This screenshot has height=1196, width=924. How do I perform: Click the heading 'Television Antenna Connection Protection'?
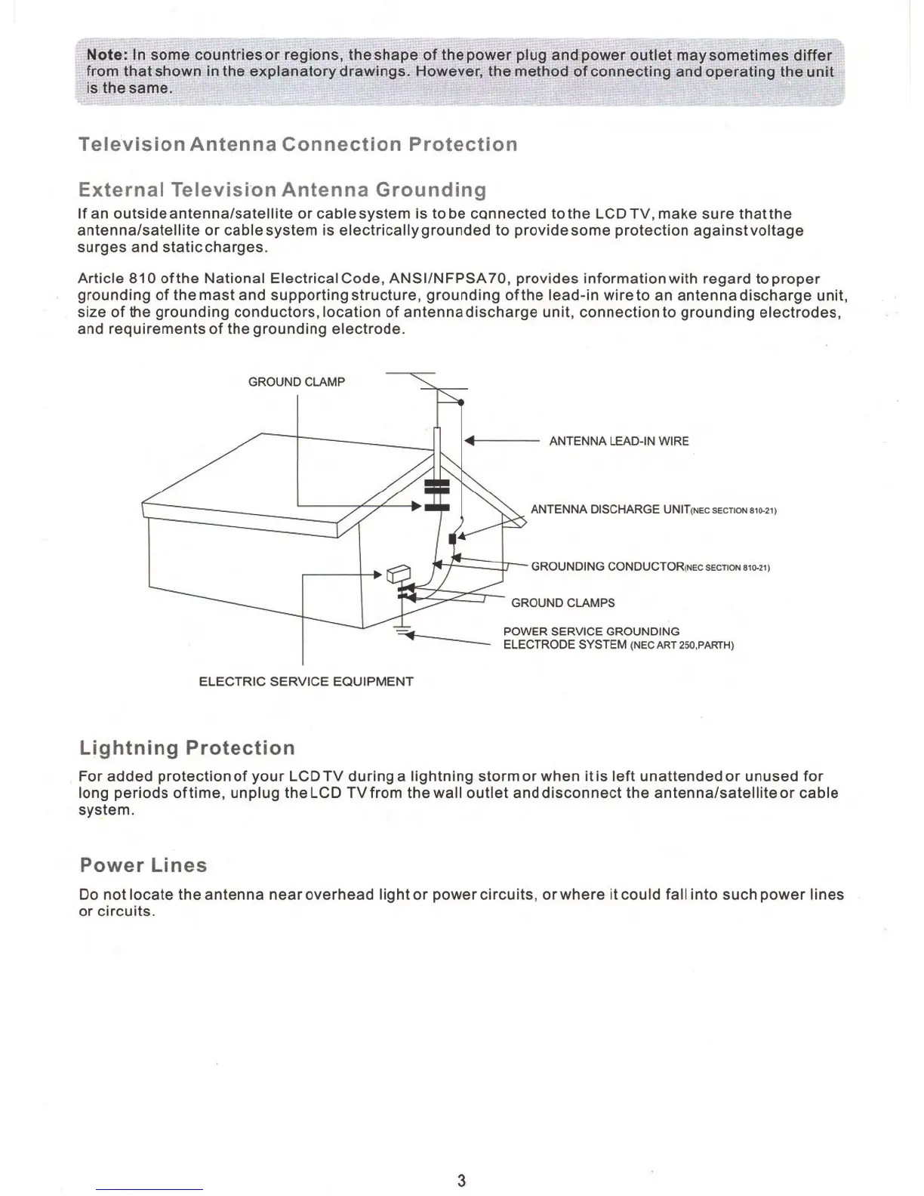point(297,144)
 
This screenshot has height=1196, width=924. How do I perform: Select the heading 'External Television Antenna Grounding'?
point(282,189)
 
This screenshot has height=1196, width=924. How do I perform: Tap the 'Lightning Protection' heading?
point(186,747)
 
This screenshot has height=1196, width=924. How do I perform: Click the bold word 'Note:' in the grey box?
point(108,55)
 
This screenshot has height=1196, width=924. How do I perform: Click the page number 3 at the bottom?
point(461,1181)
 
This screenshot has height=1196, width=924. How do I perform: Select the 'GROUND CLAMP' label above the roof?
point(297,382)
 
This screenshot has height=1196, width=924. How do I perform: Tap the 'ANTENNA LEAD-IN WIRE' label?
point(618,442)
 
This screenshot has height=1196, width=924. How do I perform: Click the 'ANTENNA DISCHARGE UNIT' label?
point(596,510)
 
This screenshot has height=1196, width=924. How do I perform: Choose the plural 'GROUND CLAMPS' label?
point(562,603)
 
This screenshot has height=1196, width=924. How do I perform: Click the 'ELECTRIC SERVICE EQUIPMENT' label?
point(306,681)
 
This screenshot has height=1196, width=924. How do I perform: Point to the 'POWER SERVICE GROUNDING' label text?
point(591,631)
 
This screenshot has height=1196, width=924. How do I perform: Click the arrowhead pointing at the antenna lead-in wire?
point(469,441)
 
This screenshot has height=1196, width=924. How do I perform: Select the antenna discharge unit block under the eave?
point(452,538)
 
